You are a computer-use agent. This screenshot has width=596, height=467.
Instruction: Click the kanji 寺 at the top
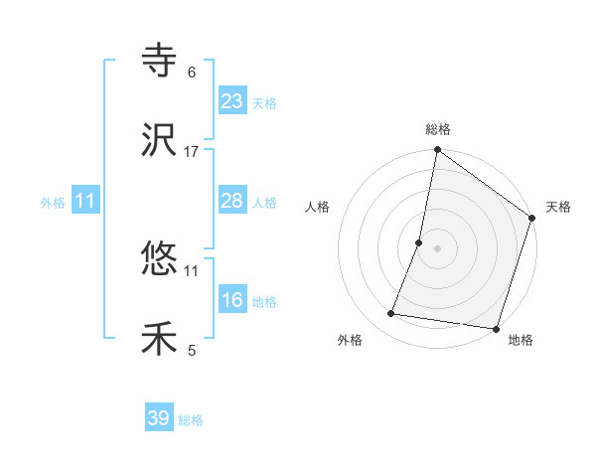(160, 63)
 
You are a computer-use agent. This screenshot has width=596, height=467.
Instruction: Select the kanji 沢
(160, 139)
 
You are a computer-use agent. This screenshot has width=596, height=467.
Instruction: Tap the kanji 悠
(160, 261)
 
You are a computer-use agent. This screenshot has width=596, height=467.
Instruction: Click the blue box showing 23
(231, 101)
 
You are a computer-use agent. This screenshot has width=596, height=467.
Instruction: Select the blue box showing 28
(231, 201)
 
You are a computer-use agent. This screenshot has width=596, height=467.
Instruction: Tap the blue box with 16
(231, 300)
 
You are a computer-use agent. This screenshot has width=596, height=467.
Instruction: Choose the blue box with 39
(158, 418)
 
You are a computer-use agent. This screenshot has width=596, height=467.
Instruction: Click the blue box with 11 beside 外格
(85, 201)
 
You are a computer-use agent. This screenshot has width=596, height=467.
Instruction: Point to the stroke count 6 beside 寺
(192, 73)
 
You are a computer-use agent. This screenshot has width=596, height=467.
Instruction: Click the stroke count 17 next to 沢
(192, 151)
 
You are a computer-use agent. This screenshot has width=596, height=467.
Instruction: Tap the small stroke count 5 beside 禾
(192, 350)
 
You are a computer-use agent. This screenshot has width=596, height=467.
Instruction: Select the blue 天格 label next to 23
(264, 103)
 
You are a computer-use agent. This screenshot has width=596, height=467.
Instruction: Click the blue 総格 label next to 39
(191, 420)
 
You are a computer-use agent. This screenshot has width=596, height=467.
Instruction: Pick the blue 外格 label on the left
(53, 203)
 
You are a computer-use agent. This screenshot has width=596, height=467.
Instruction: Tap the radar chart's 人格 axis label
(318, 207)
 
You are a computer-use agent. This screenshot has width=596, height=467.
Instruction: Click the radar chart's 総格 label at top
(438, 130)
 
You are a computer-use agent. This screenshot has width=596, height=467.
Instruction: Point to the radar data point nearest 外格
(391, 314)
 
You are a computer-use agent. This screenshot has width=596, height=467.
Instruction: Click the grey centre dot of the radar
(437, 247)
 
